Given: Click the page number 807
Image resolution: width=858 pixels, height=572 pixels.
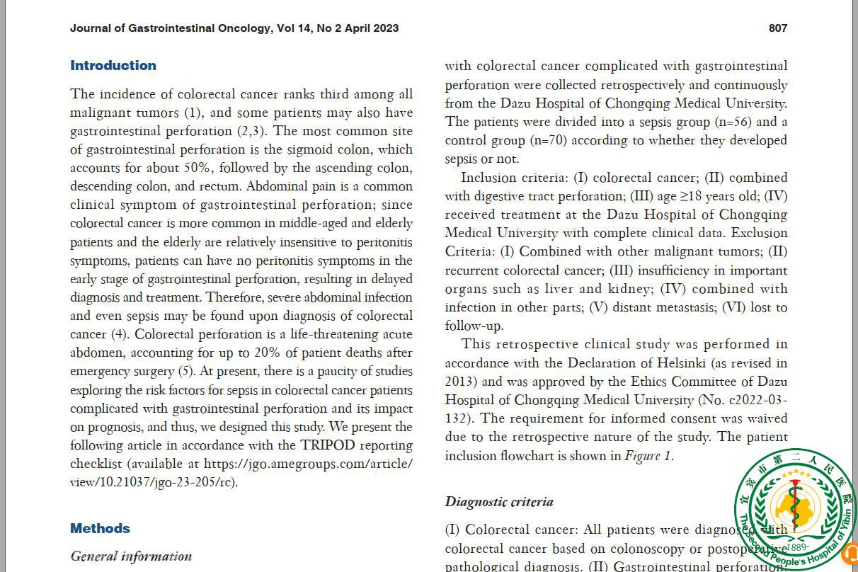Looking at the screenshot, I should pos(777,28).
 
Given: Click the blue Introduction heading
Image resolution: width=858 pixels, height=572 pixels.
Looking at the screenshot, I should pos(113,66).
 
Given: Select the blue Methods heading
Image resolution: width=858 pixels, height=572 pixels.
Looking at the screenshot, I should pos(100,529).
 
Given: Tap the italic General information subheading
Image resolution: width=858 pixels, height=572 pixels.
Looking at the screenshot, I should pos(131,556).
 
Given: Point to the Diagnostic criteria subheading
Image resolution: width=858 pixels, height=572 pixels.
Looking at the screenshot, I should pos(499,502).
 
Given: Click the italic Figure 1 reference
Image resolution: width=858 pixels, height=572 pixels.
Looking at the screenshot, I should pos(648,456).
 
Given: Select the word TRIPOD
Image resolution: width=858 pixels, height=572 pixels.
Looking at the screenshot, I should pos(328,445).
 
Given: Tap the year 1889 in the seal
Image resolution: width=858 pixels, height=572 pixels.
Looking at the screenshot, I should pos(797,547).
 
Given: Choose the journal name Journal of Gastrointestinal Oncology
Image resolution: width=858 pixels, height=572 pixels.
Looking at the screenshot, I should pos(170,28).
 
